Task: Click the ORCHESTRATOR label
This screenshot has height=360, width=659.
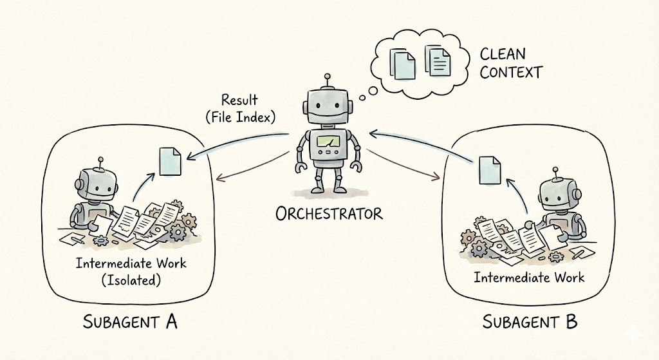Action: (x=329, y=213)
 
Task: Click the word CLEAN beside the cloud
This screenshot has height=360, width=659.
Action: (x=503, y=54)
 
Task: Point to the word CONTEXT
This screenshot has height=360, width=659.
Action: (x=511, y=71)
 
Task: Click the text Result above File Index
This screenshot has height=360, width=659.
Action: (x=239, y=100)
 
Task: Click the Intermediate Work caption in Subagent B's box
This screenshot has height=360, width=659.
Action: (x=529, y=278)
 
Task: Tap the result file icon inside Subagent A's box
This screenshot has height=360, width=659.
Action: (x=169, y=161)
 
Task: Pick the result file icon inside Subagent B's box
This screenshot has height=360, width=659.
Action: (x=490, y=169)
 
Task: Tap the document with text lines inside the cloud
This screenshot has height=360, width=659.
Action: (x=438, y=62)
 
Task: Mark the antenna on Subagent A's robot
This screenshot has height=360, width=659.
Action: (x=99, y=160)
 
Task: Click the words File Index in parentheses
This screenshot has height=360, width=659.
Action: (x=239, y=117)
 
